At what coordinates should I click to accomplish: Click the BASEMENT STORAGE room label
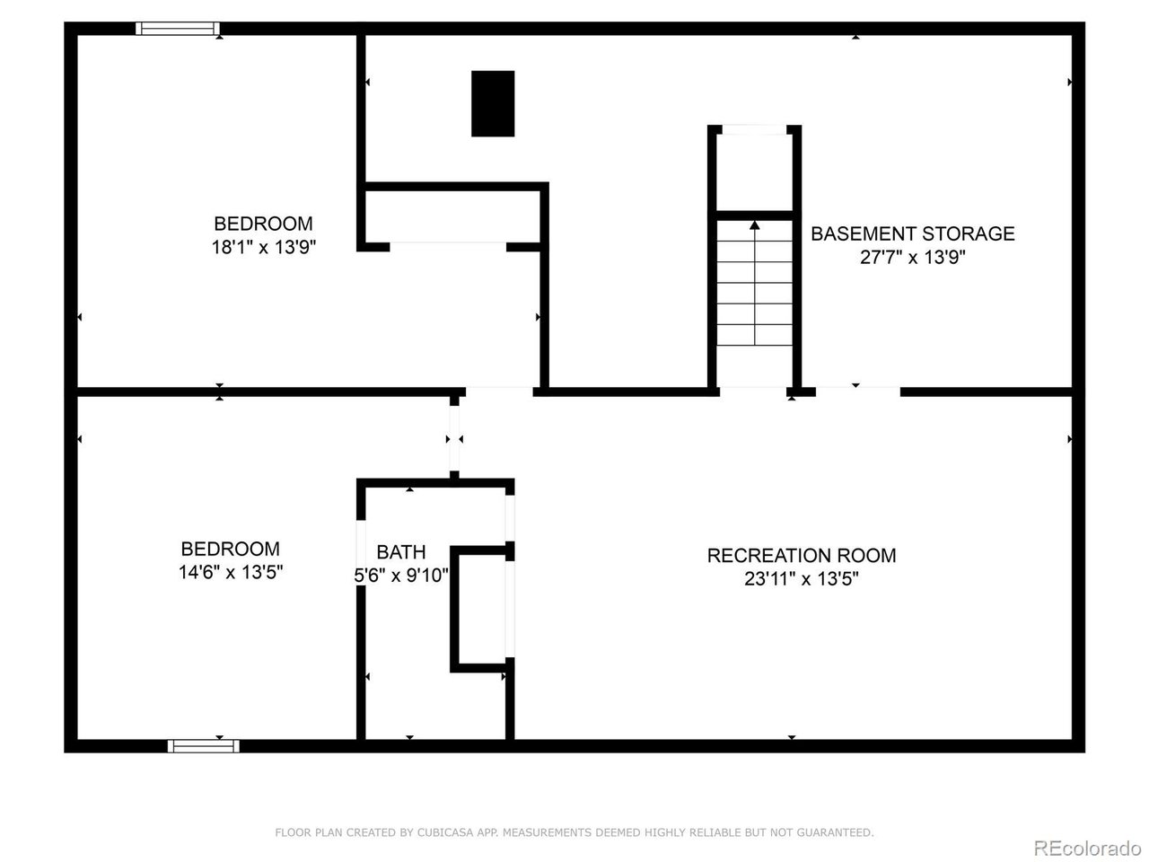912,233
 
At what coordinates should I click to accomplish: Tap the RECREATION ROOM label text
801,556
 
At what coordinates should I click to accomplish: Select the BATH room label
400,552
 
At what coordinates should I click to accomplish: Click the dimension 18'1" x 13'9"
263,247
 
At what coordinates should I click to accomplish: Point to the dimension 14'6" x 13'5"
231,572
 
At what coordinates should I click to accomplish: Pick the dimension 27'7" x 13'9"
912,257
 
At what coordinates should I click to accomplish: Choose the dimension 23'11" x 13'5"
801,579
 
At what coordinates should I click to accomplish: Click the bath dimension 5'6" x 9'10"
401,576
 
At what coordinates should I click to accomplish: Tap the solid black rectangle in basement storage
493,103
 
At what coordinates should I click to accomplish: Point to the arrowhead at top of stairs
754,225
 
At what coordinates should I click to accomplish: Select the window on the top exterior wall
178,29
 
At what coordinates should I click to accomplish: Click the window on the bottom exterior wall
203,745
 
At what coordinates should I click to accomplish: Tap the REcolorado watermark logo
1087,847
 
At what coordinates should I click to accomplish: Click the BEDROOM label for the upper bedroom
263,224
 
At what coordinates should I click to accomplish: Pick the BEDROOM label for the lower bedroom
231,549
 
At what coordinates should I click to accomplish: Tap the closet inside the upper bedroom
452,215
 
